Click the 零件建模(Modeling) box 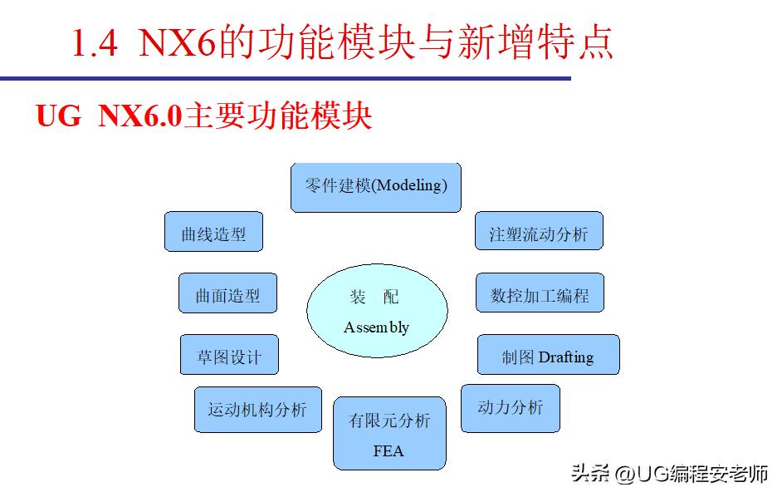click(375, 186)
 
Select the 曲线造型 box click(213, 232)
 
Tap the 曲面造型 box click(227, 294)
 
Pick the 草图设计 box click(229, 356)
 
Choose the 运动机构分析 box click(257, 409)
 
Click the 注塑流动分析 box click(539, 232)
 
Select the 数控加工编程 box click(540, 294)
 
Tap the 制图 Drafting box click(548, 356)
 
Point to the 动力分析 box click(510, 407)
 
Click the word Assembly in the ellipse click(376, 327)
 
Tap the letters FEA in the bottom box click(389, 451)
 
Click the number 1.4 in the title click(95, 44)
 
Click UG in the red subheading click(58, 116)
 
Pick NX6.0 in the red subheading click(140, 116)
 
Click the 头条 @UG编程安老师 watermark click(669, 475)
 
